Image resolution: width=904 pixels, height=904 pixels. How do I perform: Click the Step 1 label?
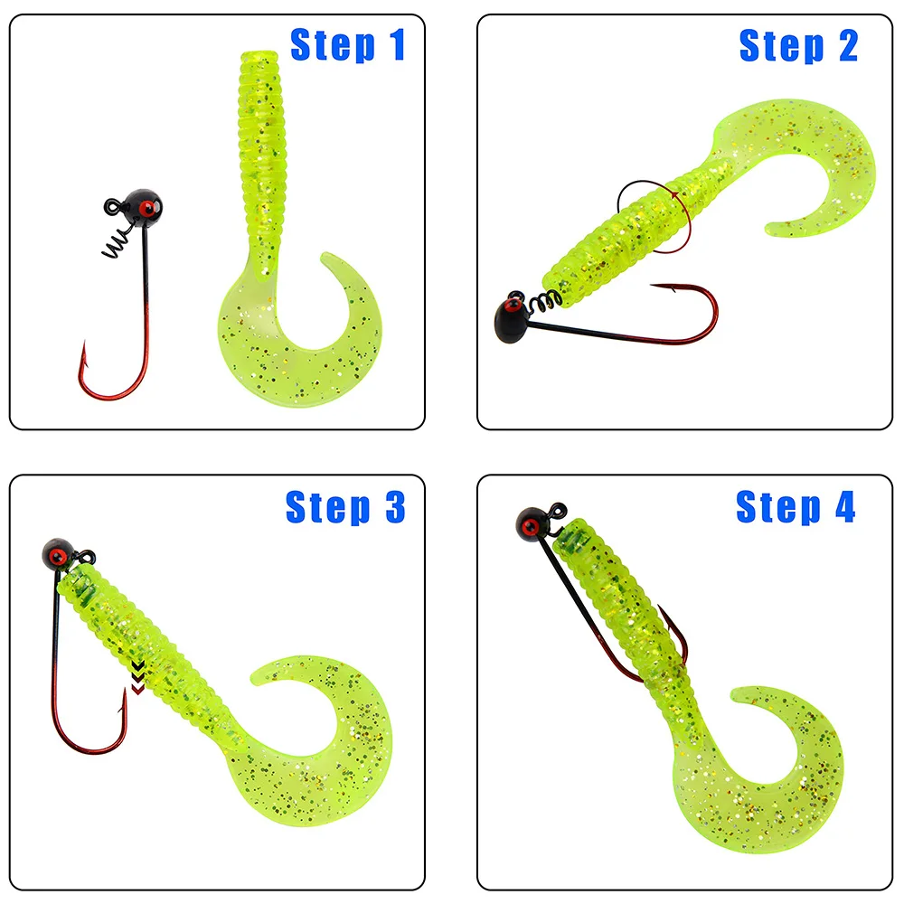point(347,45)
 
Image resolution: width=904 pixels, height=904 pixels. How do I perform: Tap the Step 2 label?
point(797,45)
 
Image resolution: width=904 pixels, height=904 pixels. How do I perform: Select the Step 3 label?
point(345,507)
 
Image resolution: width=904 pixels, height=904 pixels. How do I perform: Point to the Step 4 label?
point(795,507)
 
